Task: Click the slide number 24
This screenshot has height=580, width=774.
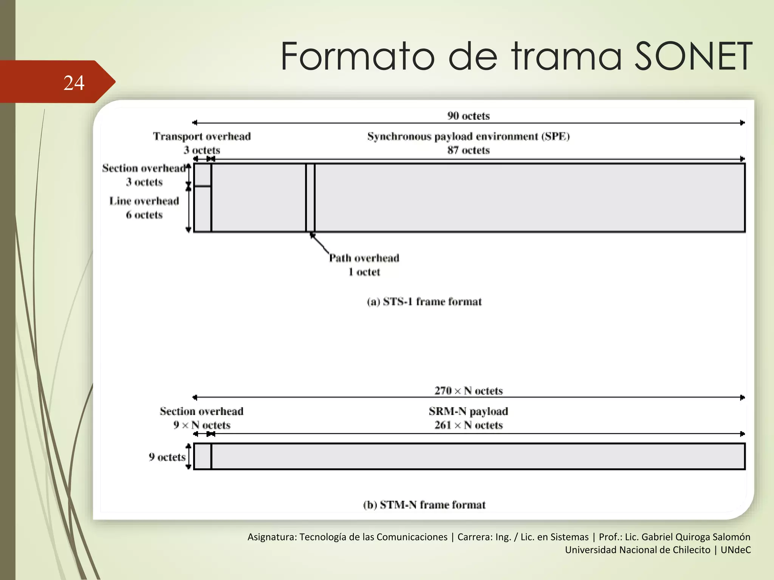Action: pos(74,83)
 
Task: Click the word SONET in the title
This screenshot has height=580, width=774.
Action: pos(693,57)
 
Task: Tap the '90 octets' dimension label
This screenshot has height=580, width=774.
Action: pos(468,116)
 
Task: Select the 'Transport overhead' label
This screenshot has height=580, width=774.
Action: pos(202,136)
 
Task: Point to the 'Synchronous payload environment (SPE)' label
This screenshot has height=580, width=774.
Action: pos(468,136)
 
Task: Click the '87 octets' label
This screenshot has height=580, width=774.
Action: pos(468,150)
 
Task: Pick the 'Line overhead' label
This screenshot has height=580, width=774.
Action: pos(144,201)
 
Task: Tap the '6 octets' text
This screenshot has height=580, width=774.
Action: pos(144,215)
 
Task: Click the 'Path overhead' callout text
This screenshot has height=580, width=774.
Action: pos(364,258)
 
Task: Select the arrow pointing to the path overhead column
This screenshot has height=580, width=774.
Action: pos(319,243)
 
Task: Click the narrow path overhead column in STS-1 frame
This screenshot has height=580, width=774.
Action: pos(310,197)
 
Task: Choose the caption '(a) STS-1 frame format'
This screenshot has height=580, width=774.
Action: pos(424,302)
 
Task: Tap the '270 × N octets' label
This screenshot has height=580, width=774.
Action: pos(468,391)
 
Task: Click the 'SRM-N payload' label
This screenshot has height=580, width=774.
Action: pos(468,411)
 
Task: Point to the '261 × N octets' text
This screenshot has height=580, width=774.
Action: pos(468,425)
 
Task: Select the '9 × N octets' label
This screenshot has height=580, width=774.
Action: pos(202,425)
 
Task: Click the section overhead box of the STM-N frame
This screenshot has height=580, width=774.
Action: pos(203,457)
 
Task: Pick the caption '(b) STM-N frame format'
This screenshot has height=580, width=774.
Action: pos(424,505)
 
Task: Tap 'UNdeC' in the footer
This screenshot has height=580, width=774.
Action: pos(735,550)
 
